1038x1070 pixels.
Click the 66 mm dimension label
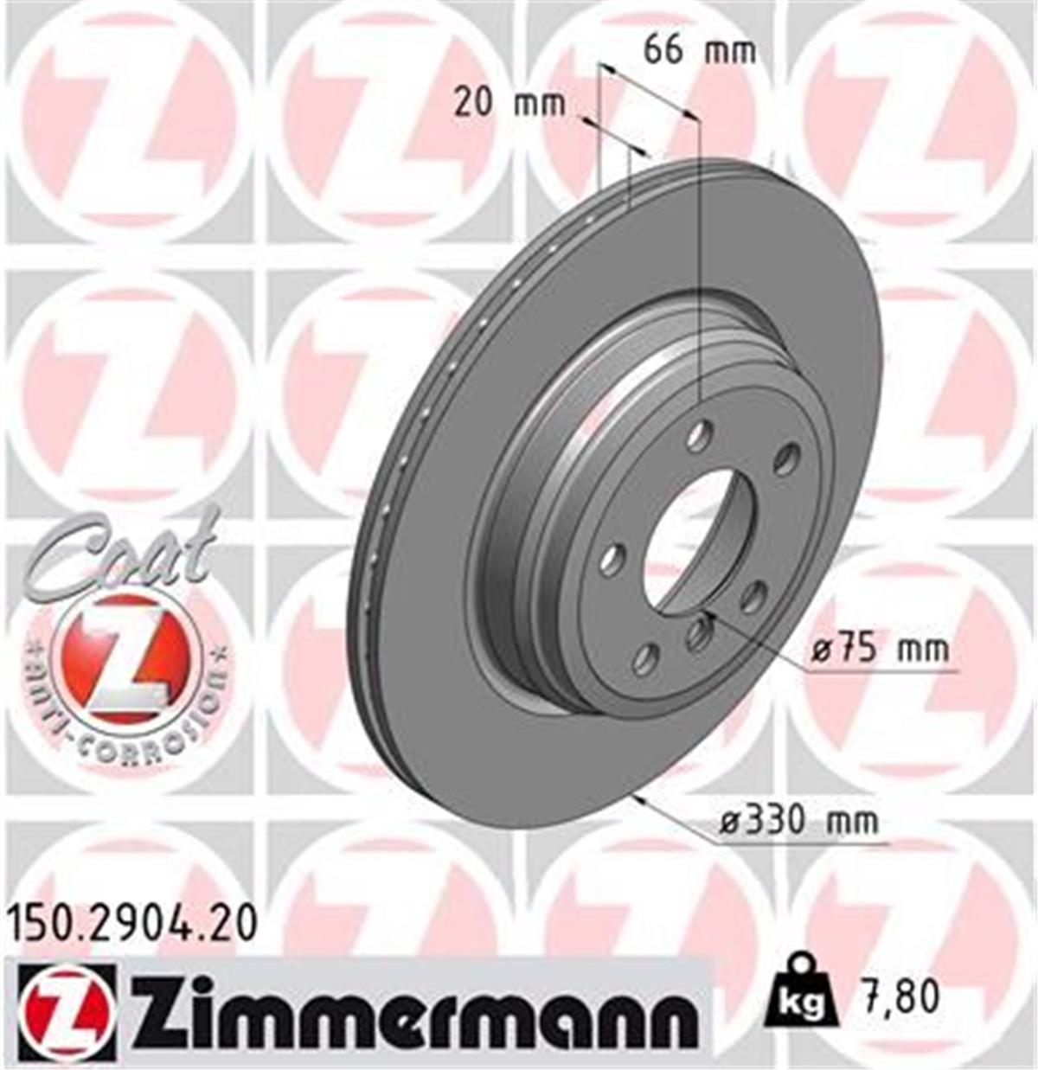pyautogui.click(x=699, y=50)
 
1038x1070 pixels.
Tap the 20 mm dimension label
pyautogui.click(x=509, y=105)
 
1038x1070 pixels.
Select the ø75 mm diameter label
pyautogui.click(x=880, y=648)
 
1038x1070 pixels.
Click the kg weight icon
pyautogui.click(x=800, y=994)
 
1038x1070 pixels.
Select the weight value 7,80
pyautogui.click(x=899, y=996)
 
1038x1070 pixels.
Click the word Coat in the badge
pyautogui.click(x=121, y=554)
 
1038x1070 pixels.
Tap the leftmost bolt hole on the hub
pyautogui.click(x=612, y=558)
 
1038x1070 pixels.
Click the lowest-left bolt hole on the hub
pyautogui.click(x=644, y=658)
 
